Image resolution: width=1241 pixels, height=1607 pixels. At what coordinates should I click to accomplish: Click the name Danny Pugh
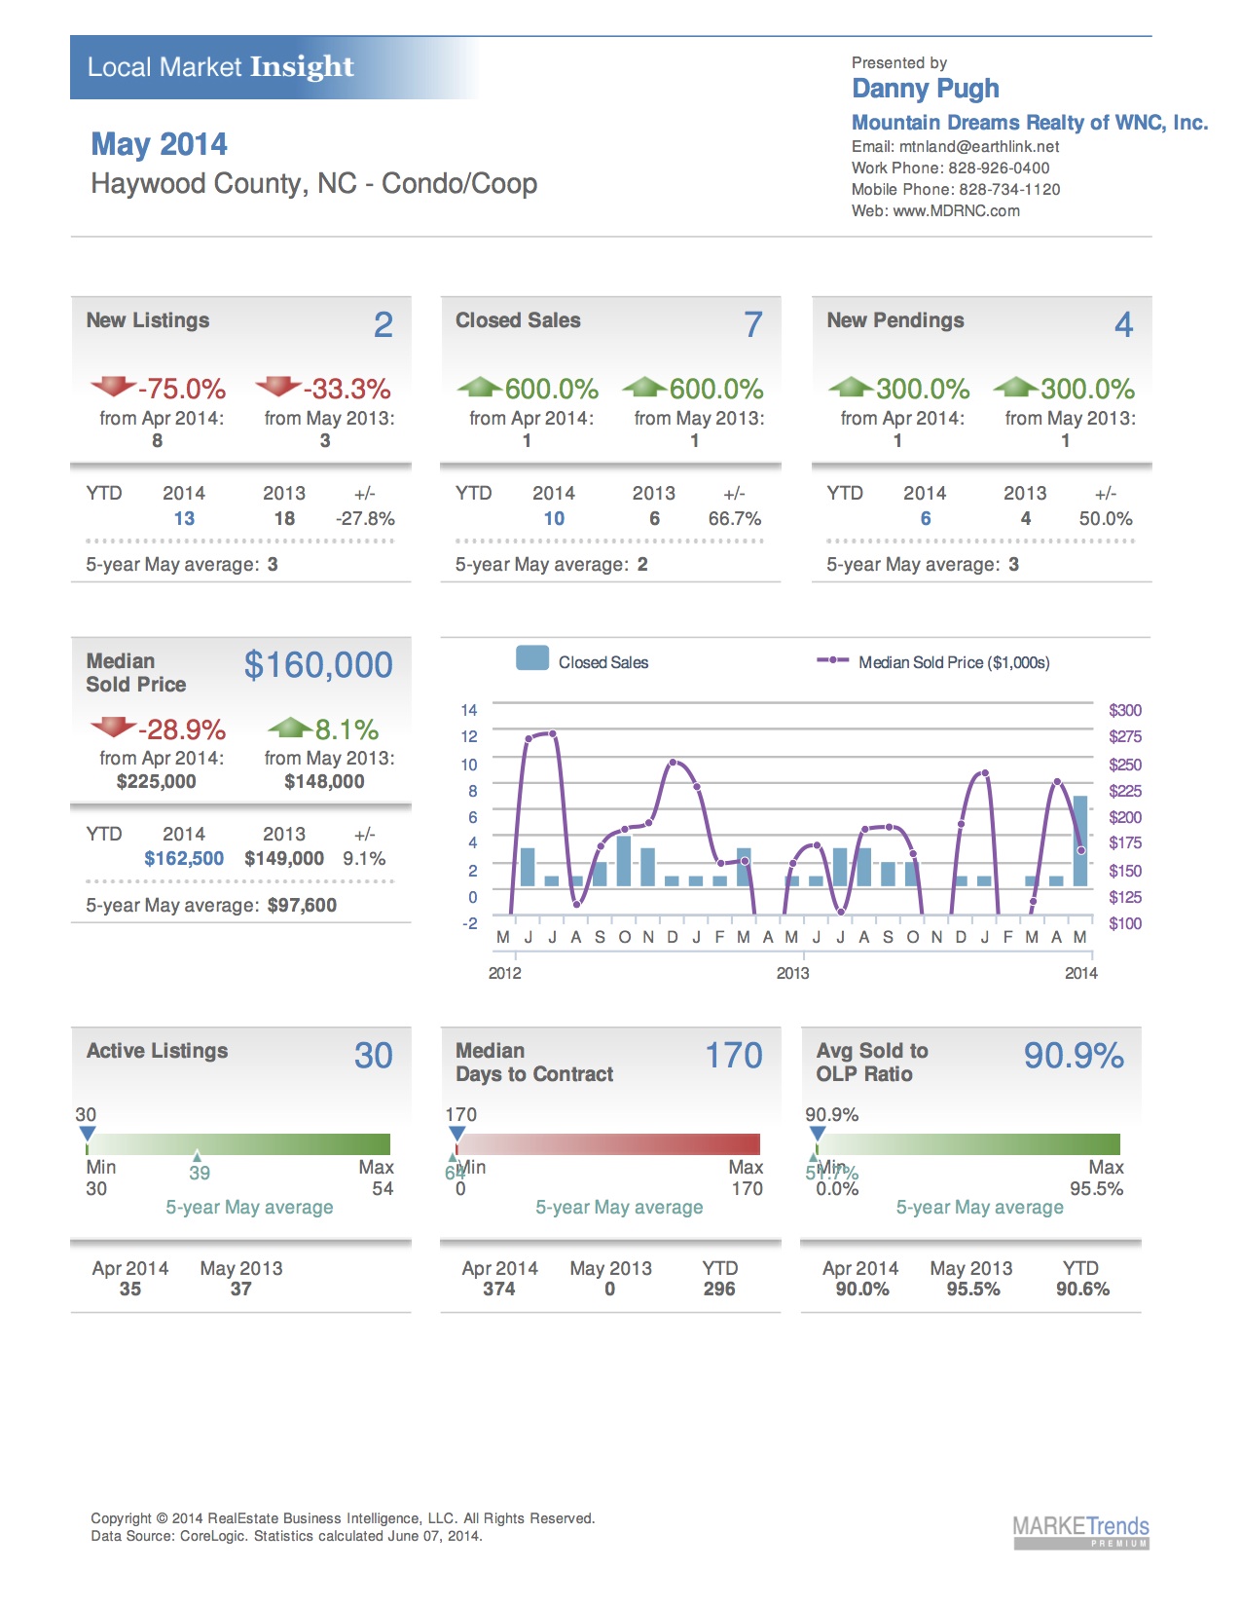tap(925, 89)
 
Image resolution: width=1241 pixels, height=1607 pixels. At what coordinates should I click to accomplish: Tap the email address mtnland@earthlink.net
tap(978, 147)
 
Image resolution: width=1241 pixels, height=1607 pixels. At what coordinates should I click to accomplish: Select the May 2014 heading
tap(159, 144)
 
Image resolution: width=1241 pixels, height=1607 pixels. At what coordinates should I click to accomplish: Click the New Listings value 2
tap(383, 324)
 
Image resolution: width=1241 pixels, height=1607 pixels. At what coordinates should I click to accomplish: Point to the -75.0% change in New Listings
tap(181, 389)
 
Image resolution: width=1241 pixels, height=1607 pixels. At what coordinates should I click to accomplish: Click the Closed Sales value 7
tap(753, 324)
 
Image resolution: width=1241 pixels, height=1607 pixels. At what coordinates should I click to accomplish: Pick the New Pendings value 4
tap(1123, 324)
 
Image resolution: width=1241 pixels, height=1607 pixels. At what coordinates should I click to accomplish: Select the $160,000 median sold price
tap(318, 665)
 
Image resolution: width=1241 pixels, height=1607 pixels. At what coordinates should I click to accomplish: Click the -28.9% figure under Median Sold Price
tap(181, 729)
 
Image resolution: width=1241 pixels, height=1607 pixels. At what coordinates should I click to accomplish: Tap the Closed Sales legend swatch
tap(532, 658)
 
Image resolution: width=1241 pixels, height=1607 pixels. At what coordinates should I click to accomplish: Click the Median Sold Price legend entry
tap(953, 662)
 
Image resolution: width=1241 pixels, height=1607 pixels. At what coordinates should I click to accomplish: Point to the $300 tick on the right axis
tap(1124, 710)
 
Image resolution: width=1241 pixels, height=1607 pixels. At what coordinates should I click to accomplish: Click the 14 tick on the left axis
tap(469, 710)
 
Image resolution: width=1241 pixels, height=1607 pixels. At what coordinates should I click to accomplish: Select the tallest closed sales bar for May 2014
tap(1079, 841)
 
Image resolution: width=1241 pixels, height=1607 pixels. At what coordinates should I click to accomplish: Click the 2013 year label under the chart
tap(792, 973)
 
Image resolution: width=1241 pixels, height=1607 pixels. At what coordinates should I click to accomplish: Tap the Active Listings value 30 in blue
tap(373, 1056)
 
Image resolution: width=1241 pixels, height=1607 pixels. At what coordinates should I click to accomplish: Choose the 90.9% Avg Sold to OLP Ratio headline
tap(1073, 1056)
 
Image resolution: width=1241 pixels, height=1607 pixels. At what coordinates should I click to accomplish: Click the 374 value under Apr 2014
tap(498, 1289)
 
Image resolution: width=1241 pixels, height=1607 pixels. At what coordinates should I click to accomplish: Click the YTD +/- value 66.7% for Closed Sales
tap(734, 519)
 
